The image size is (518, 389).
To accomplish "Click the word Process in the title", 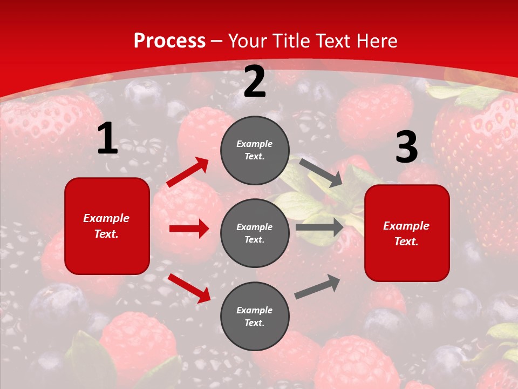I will [x=169, y=41].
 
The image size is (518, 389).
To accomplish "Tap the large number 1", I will [x=107, y=139].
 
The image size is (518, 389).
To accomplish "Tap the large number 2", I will [x=255, y=82].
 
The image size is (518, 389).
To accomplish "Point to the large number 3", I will [x=406, y=147].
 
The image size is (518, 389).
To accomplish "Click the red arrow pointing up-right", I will [x=188, y=172].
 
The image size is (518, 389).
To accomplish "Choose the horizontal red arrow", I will [x=189, y=229].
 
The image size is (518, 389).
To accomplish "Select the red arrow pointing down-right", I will [x=189, y=288].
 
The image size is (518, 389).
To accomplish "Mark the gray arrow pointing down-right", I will [x=321, y=172].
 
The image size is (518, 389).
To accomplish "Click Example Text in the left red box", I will [x=106, y=226].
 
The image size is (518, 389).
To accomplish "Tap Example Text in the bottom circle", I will [x=255, y=317].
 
